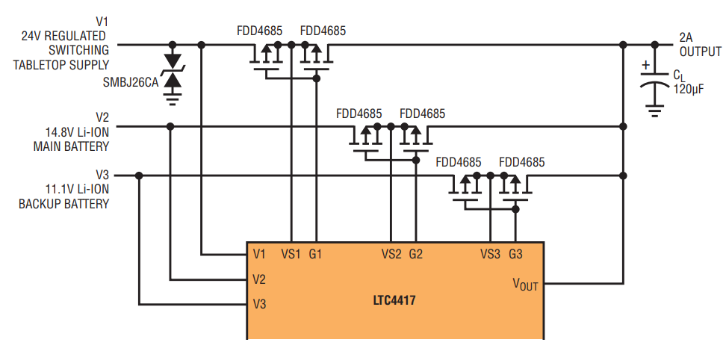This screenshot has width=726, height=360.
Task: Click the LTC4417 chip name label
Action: (394, 300)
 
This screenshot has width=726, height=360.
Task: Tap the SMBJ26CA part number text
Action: (131, 83)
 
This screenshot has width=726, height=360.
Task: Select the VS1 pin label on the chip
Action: (291, 254)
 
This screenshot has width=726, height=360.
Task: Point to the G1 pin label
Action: (315, 254)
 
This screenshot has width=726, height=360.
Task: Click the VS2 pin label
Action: (391, 254)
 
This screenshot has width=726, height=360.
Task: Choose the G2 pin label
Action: (416, 254)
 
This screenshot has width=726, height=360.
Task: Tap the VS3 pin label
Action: (490, 254)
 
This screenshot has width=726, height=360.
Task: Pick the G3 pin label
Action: (515, 254)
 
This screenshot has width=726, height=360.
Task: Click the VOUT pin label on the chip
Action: (525, 284)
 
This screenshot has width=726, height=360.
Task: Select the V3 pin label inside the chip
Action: (259, 305)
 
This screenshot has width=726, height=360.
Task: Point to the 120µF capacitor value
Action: (689, 89)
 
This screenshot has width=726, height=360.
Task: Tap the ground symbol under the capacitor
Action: (655, 111)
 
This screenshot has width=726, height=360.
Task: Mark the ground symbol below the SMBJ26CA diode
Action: (173, 99)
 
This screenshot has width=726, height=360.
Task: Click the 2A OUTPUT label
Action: (700, 44)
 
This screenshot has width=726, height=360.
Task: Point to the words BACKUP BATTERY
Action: (64, 204)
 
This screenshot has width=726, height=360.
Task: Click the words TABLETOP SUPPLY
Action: (61, 65)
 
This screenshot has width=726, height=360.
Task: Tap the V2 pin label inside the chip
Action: (259, 279)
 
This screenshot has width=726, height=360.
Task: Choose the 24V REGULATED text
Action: (63, 36)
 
